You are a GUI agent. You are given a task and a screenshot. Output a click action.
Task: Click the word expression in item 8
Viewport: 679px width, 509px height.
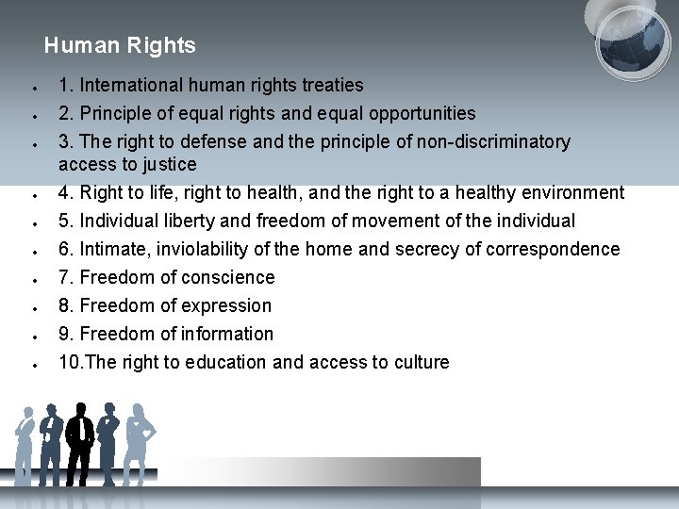(229, 305)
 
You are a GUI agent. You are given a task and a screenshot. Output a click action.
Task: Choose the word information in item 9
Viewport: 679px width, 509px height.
(231, 334)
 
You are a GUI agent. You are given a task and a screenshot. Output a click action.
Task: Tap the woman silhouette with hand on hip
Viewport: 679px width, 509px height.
(141, 443)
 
